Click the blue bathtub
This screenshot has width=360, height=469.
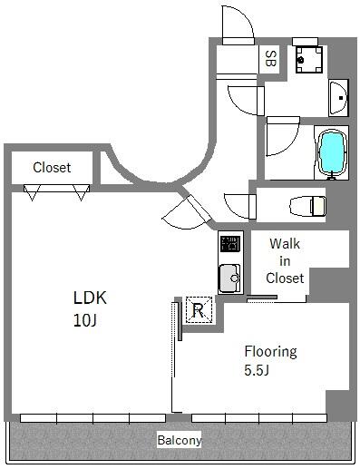332,152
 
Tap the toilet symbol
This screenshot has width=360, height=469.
307,206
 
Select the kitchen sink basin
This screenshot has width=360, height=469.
229,278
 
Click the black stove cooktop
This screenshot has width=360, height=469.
230,244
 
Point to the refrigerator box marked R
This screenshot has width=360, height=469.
199,310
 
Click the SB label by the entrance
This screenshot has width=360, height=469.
270,59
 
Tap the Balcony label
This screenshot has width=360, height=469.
180,440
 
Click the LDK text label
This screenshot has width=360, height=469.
90,298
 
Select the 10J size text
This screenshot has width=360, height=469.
84,320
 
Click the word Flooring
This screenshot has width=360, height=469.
270,352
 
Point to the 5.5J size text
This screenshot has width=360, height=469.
257,370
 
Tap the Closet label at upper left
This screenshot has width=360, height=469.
52,168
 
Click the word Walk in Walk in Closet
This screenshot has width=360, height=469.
285,244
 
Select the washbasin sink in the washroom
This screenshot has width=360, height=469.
338,98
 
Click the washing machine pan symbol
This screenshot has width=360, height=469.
309,60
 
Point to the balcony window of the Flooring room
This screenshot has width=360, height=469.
259,418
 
